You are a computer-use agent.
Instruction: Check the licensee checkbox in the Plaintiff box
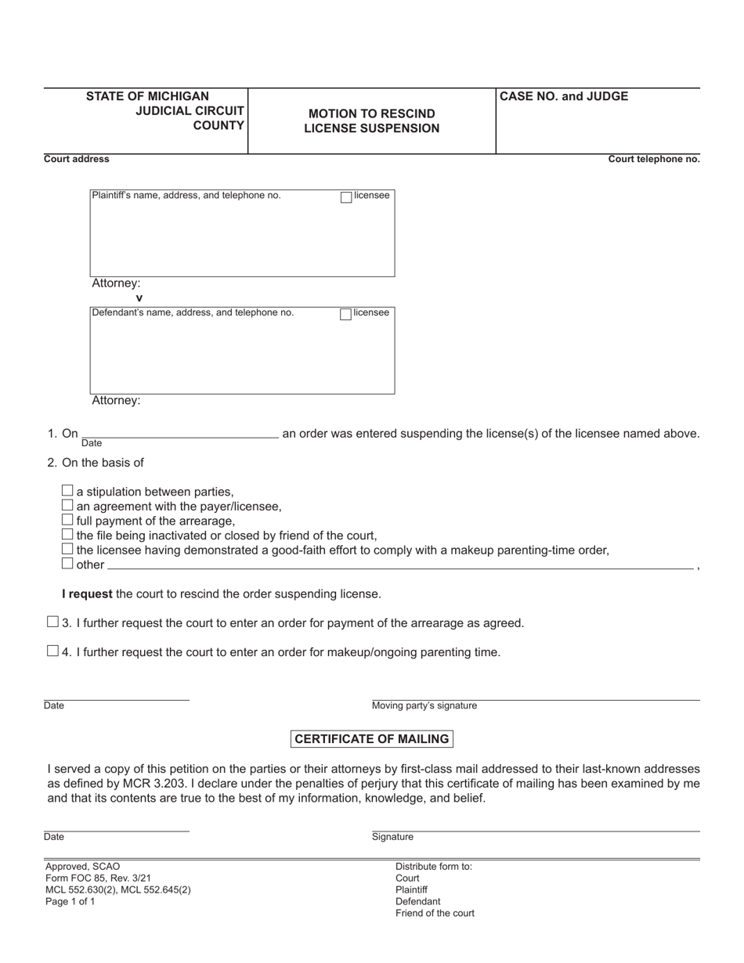(x=346, y=197)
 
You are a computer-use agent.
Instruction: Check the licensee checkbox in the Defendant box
(x=345, y=315)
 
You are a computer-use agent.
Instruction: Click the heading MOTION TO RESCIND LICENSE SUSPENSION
(x=372, y=121)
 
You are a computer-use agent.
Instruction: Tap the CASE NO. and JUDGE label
(x=564, y=97)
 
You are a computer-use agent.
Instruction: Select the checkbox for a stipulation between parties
(x=67, y=491)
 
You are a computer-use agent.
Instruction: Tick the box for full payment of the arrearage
(x=67, y=520)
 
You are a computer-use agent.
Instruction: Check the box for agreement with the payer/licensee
(x=67, y=506)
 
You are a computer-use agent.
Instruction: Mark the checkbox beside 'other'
(x=67, y=564)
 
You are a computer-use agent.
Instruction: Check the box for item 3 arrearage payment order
(x=52, y=622)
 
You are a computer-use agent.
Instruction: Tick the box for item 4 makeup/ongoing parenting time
(x=52, y=651)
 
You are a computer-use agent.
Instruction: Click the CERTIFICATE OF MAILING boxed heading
(x=372, y=739)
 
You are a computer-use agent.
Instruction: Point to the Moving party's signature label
(x=424, y=706)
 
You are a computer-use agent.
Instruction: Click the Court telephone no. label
(x=654, y=160)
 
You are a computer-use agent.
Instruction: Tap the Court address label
(x=77, y=160)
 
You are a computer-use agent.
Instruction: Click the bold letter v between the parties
(x=139, y=298)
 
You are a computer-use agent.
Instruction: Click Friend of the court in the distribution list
(x=435, y=914)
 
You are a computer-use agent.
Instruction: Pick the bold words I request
(x=87, y=594)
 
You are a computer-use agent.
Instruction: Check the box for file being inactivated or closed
(x=67, y=535)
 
